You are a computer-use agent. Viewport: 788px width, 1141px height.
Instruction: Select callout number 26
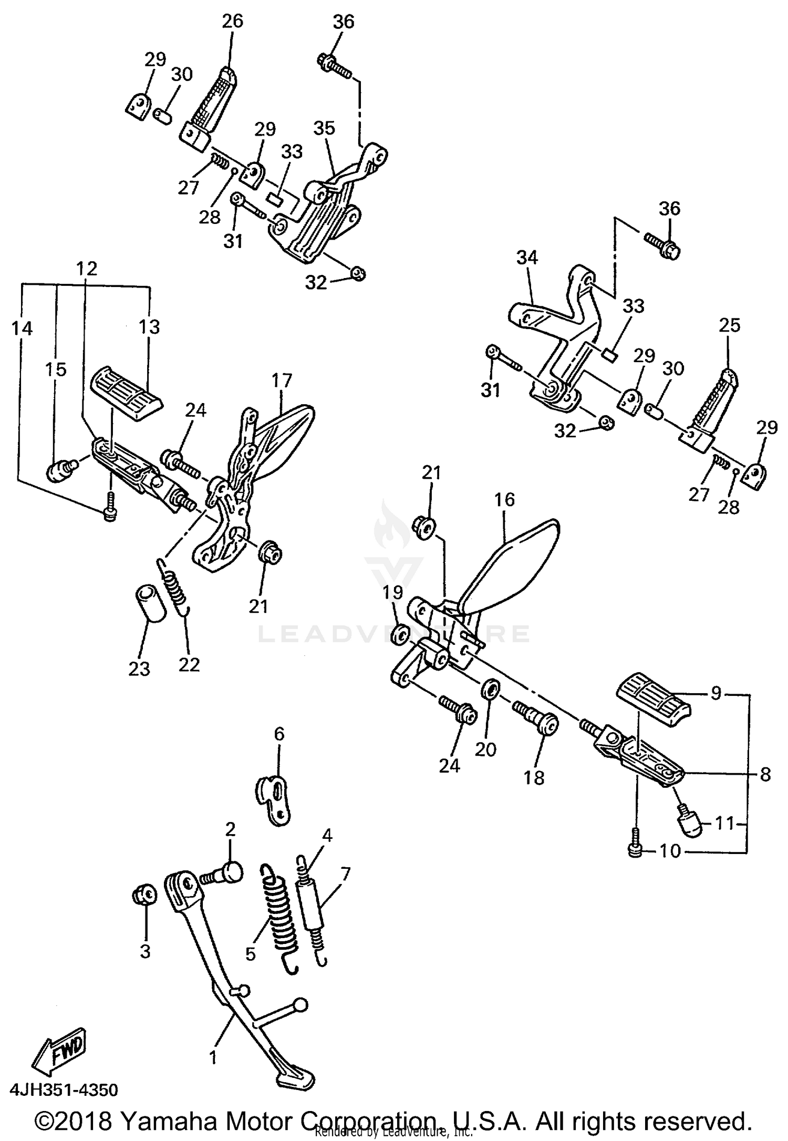[x=232, y=21]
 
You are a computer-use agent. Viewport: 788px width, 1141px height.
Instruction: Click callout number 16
[x=504, y=499]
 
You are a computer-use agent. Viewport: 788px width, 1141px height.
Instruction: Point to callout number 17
[x=282, y=381]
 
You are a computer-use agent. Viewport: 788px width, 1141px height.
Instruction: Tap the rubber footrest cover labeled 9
[x=654, y=696]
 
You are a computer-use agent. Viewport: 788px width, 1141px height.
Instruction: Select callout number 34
[x=527, y=258]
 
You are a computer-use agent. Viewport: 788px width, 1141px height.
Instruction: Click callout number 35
[x=324, y=128]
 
